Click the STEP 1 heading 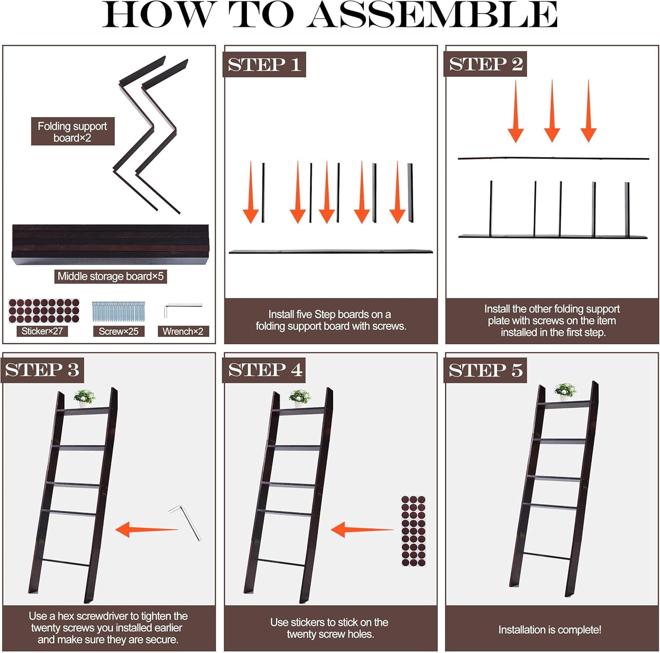[x=264, y=65]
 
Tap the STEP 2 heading [x=486, y=64]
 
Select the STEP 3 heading [x=42, y=370]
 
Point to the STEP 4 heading [x=265, y=370]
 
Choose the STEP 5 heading [x=486, y=370]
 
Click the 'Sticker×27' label [x=42, y=331]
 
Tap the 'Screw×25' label [x=118, y=331]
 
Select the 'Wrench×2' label [x=183, y=331]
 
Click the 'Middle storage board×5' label [x=110, y=276]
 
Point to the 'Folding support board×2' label [x=73, y=132]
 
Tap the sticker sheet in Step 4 [x=413, y=531]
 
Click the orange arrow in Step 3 [x=147, y=529]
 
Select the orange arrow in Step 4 [x=362, y=529]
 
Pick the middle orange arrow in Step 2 [x=552, y=111]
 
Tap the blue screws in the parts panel [x=118, y=312]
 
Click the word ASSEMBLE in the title [x=432, y=15]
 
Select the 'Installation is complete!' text [x=550, y=630]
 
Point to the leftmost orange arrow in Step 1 [x=251, y=192]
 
